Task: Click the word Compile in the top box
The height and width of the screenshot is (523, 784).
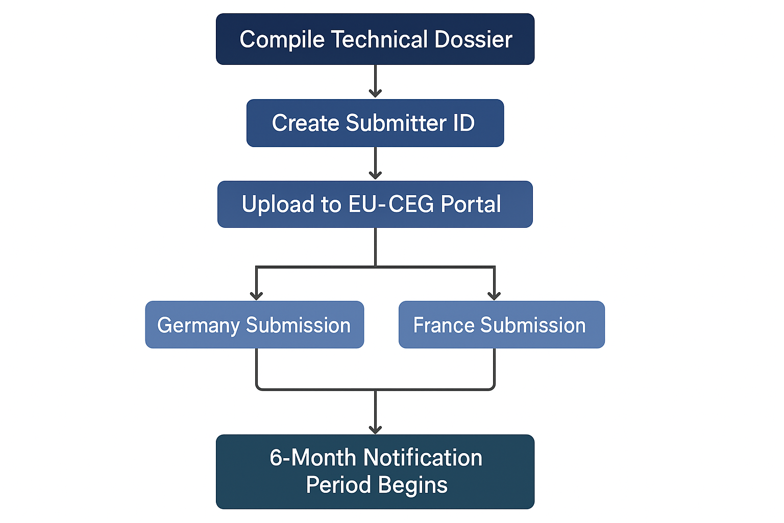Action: coord(282,40)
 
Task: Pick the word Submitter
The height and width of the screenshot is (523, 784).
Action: coord(396,123)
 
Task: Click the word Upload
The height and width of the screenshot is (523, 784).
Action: coord(278,205)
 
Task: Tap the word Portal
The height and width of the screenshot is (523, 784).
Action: coord(471,204)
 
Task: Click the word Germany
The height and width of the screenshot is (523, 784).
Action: coord(198,326)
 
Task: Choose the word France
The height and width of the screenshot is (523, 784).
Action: coord(444,325)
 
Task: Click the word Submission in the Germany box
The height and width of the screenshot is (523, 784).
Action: coord(298,325)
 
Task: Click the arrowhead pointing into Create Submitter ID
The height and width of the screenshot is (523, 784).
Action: coord(375,93)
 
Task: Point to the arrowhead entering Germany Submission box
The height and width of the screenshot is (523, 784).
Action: coord(256,296)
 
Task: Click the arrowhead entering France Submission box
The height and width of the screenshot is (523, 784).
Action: coord(494,296)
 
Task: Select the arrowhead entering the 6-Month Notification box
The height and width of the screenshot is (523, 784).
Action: coord(375,430)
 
